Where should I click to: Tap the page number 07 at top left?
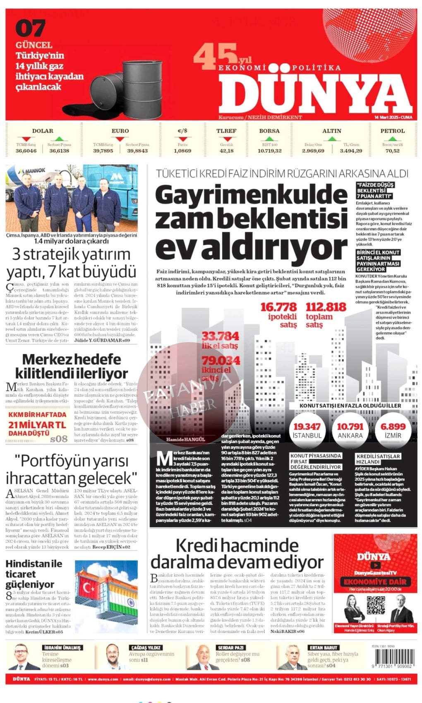[30, 29]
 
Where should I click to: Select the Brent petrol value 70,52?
[392, 151]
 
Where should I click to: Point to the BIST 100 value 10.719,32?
[269, 151]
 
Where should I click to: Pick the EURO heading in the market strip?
[120, 131]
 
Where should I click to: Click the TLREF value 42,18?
[226, 151]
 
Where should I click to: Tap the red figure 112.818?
[326, 307]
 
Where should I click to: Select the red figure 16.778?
[279, 307]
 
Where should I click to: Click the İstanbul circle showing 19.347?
[307, 430]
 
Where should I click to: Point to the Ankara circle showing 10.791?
[350, 430]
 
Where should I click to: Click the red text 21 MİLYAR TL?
[37, 425]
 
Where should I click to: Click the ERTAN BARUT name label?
[324, 647]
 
